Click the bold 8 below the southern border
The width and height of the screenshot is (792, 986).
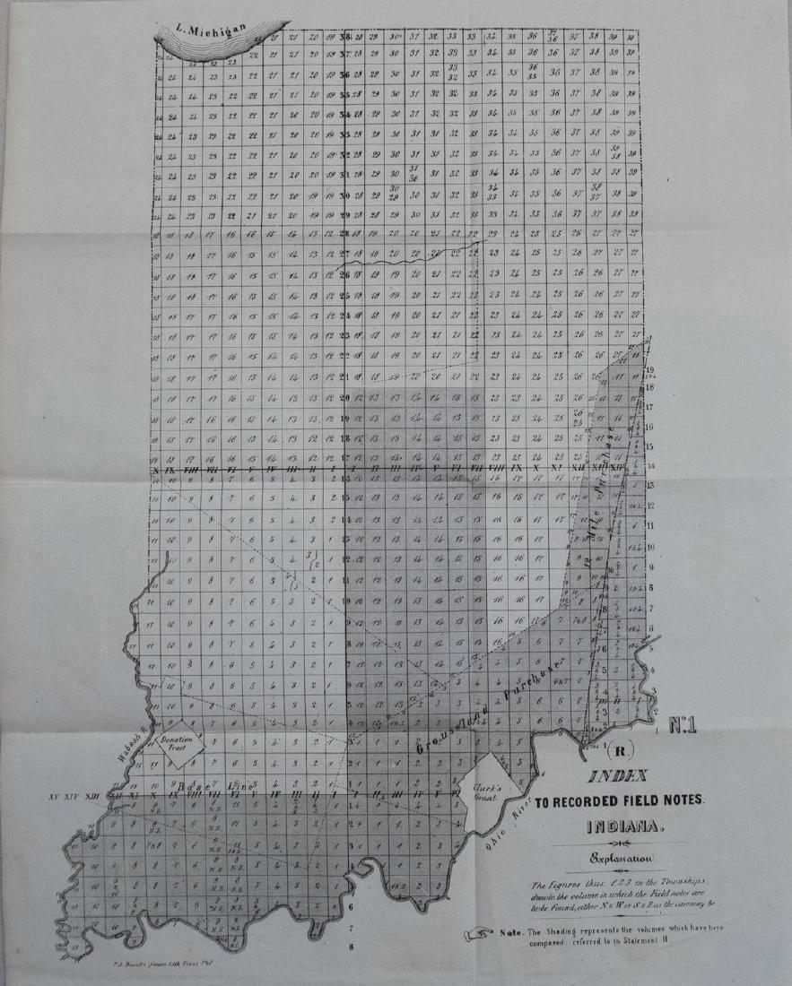[x=351, y=945]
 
